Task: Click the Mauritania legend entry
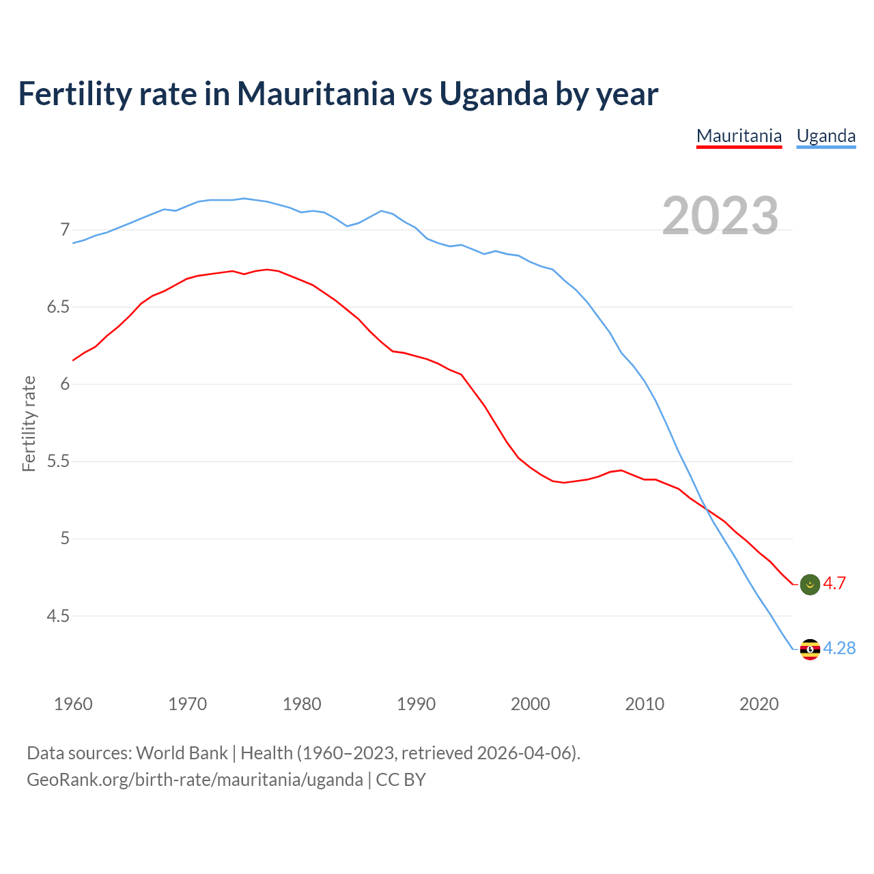pyautogui.click(x=739, y=136)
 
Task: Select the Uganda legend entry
pyautogui.click(x=826, y=136)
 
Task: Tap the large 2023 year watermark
pyautogui.click(x=720, y=216)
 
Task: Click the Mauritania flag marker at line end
pyautogui.click(x=809, y=584)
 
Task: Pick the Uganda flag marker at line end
pyautogui.click(x=809, y=649)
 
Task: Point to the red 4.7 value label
pyautogui.click(x=834, y=583)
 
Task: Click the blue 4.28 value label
pyautogui.click(x=839, y=648)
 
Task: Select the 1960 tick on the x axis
pyautogui.click(x=73, y=704)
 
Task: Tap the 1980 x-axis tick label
pyautogui.click(x=302, y=704)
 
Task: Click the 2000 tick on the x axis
pyautogui.click(x=531, y=704)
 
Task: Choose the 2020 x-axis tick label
pyautogui.click(x=759, y=704)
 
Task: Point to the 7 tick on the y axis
pyautogui.click(x=65, y=229)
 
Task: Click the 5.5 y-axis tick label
pyautogui.click(x=59, y=462)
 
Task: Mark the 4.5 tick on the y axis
pyautogui.click(x=59, y=616)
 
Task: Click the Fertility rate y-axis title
pyautogui.click(x=29, y=423)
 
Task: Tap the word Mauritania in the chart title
pyautogui.click(x=315, y=94)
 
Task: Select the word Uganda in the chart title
pyautogui.click(x=493, y=94)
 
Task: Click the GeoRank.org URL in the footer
pyautogui.click(x=195, y=780)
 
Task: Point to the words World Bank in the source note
pyautogui.click(x=182, y=753)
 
